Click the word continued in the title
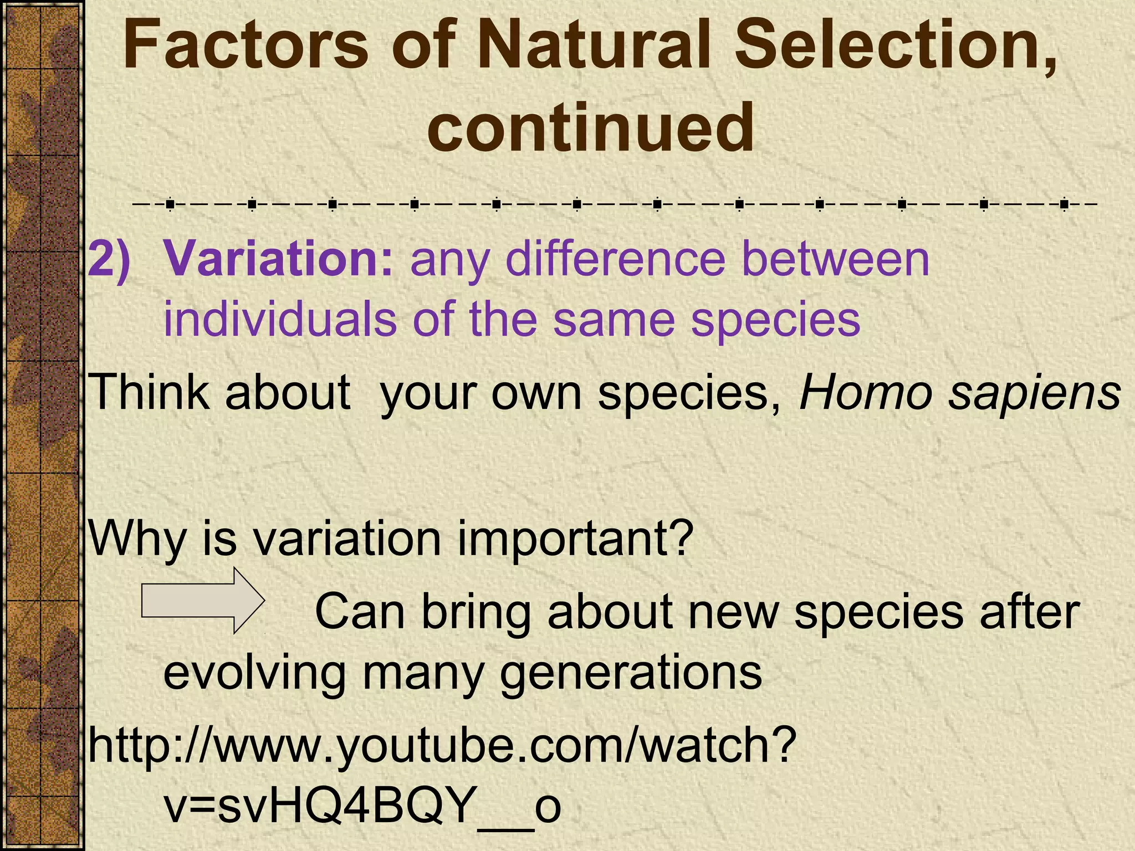click(590, 129)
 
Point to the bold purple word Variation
click(279, 259)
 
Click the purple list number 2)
click(110, 259)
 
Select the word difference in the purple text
click(615, 259)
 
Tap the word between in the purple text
click(836, 259)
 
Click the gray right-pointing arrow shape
click(203, 601)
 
